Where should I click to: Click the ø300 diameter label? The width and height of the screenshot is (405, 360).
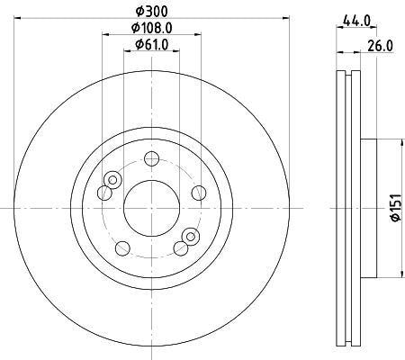[x=148, y=9]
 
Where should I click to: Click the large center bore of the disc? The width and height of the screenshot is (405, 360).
[x=149, y=206]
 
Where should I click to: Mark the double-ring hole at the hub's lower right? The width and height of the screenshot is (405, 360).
[x=189, y=237]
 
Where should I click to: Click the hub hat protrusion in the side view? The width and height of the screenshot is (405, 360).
[x=370, y=207]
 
